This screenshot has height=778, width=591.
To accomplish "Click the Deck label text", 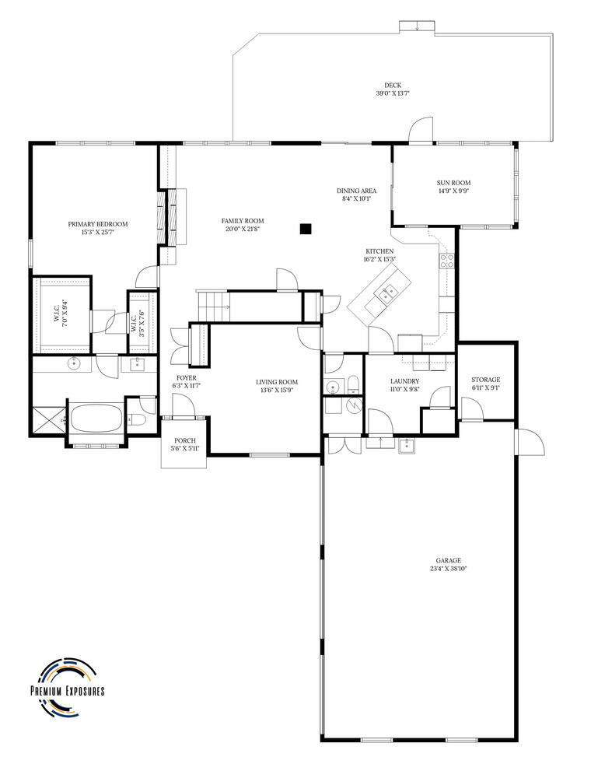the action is tap(393, 86).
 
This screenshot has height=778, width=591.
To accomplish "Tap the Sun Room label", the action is tap(453, 183).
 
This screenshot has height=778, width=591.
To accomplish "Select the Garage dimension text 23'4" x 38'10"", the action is tap(448, 569).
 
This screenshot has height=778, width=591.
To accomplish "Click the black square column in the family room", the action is tap(306, 229).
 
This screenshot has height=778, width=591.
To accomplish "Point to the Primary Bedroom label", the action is tap(98, 224).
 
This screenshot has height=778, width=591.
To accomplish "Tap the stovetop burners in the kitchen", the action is tap(446, 261).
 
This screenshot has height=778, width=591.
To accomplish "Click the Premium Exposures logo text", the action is tap(68, 690).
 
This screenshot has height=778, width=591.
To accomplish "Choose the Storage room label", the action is tap(485, 380).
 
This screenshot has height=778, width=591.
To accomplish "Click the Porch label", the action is tap(185, 440).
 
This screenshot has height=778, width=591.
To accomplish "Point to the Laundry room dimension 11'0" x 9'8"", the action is tap(404, 389).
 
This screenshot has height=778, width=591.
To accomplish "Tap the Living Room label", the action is tap(277, 382).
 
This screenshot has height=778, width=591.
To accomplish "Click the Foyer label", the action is tap(186, 378).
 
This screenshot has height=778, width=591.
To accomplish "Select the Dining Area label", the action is tap(356, 191).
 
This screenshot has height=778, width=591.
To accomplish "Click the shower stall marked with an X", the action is tap(48, 421).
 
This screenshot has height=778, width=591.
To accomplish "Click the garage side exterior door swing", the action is tap(530, 443).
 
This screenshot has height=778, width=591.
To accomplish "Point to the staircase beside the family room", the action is tap(212, 305).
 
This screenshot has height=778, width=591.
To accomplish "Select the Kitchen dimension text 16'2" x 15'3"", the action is tap(379, 259).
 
